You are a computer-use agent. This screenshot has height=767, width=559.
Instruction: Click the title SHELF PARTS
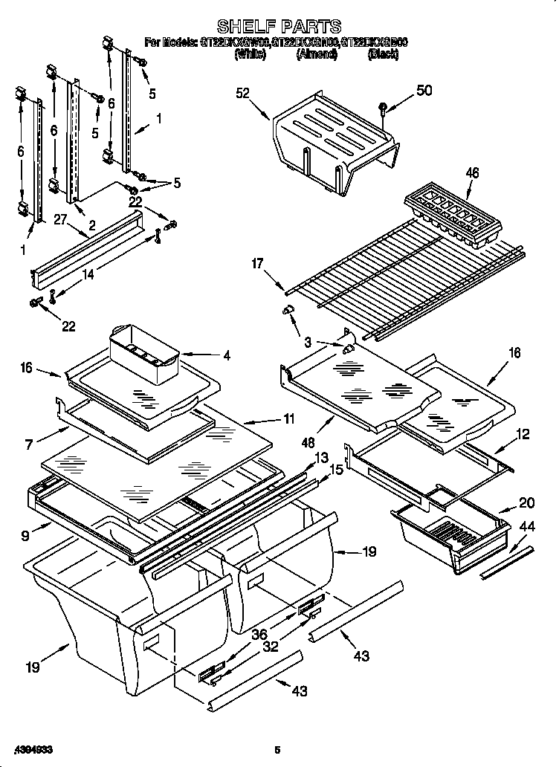pyautogui.click(x=279, y=27)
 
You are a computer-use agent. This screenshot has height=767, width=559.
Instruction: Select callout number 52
pyautogui.click(x=243, y=93)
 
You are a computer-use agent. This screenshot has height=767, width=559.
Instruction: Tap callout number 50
pyautogui.click(x=424, y=91)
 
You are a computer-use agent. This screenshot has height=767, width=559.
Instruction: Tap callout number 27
pyautogui.click(x=59, y=218)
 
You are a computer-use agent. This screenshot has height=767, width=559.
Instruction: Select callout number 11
pyautogui.click(x=288, y=419)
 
